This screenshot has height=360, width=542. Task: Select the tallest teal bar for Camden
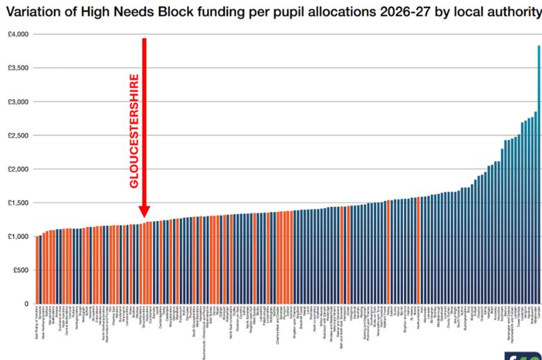[539, 174]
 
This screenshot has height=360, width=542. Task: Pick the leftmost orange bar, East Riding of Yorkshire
[37, 270]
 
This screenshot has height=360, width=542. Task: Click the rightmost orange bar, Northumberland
[418, 250]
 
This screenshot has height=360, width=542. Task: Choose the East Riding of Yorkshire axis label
[37, 327]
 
